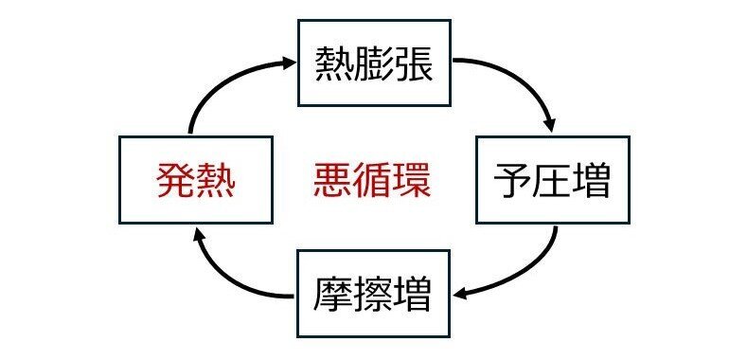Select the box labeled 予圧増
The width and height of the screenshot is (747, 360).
pyautogui.click(x=551, y=180)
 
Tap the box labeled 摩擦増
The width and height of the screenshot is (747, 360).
pyautogui.click(x=373, y=294)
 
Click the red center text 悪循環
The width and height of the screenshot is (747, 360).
pyautogui.click(x=372, y=180)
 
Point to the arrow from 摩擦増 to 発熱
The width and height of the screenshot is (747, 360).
pyautogui.click(x=227, y=275)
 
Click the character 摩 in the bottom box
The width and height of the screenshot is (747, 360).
pyautogui.click(x=333, y=295)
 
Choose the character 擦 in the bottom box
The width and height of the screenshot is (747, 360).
pyautogui.click(x=373, y=295)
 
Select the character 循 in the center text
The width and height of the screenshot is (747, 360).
pyautogui.click(x=372, y=180)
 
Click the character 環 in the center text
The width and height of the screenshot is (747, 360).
pyautogui.click(x=412, y=180)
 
